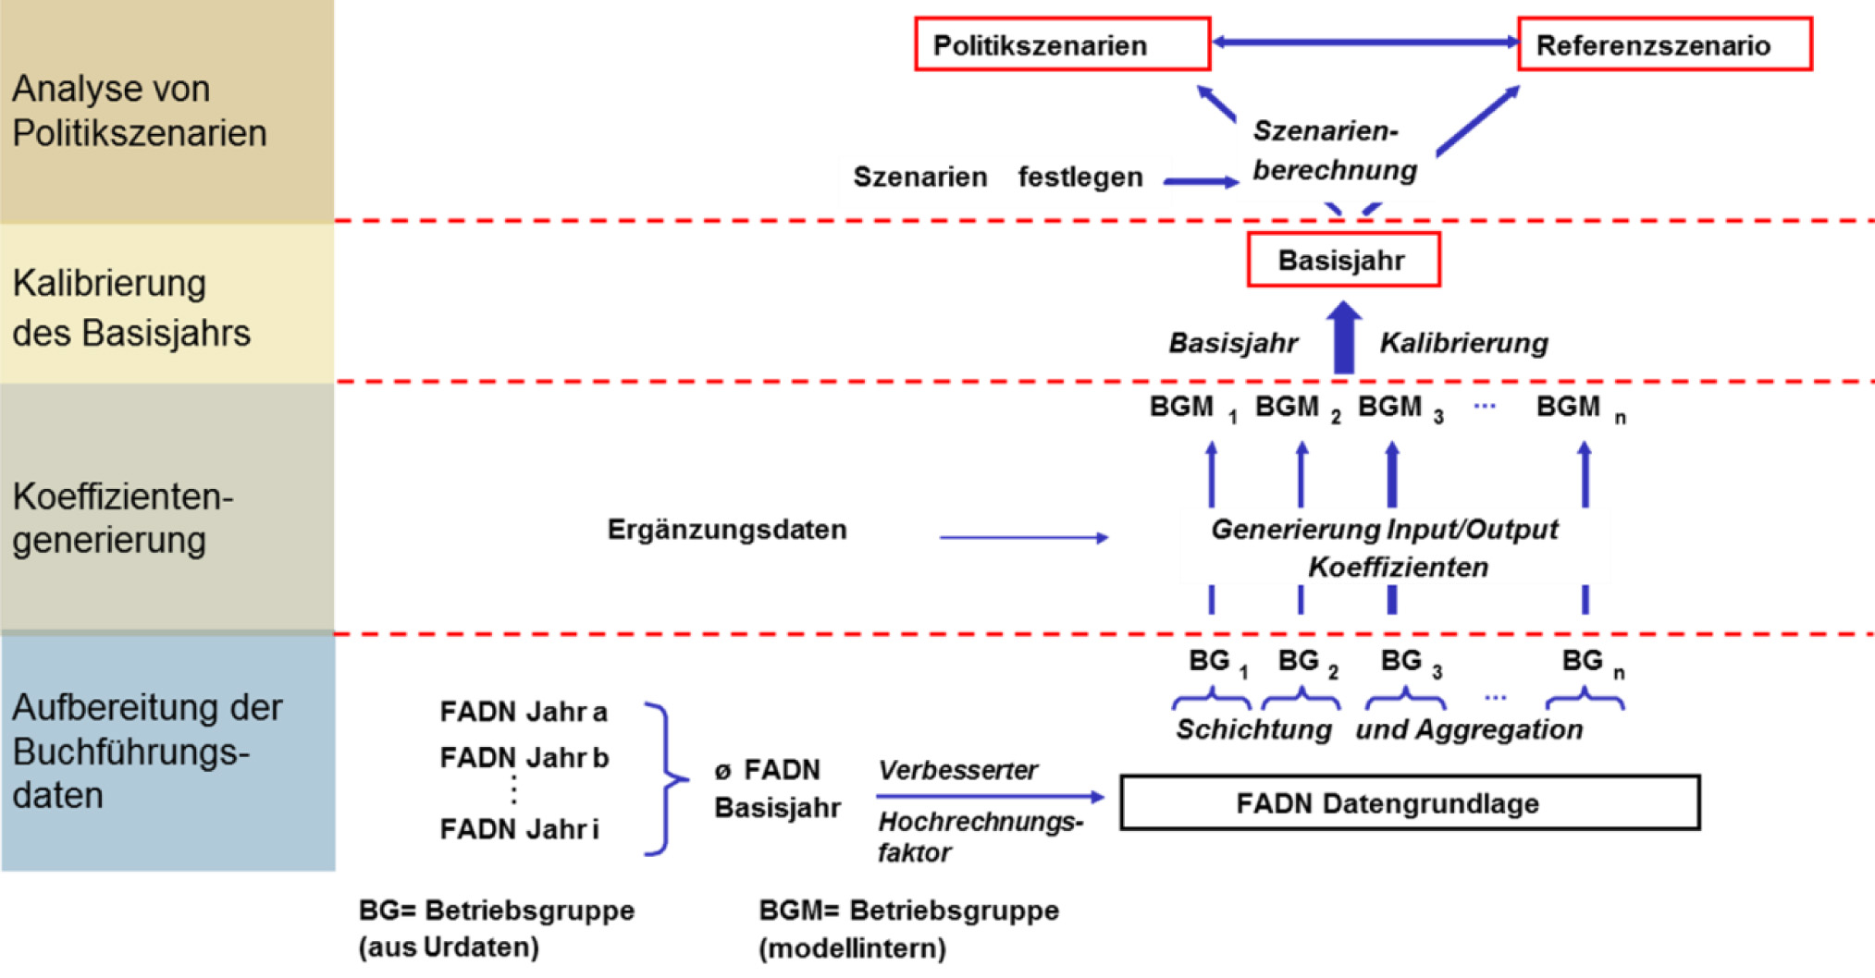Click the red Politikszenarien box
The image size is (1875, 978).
pos(1062,44)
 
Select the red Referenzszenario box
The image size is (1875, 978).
pos(1664,44)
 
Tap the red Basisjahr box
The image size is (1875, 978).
pos(1343,260)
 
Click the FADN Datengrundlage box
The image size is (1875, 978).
pos(1409,802)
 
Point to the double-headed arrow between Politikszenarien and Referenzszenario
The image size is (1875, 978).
pos(1364,42)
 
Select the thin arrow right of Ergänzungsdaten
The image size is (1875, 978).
pos(1023,537)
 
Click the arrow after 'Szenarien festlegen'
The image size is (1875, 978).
pos(1201,181)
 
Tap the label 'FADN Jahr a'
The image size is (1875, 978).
pos(524,712)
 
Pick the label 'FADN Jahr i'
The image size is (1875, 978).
pos(519,829)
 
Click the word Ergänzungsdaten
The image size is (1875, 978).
pos(727,530)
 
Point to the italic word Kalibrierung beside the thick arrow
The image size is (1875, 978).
pos(1463,343)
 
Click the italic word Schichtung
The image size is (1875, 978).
pos(1253,729)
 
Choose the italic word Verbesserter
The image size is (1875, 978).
pos(957,770)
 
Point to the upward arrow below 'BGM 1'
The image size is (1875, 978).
pos(1211,474)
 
